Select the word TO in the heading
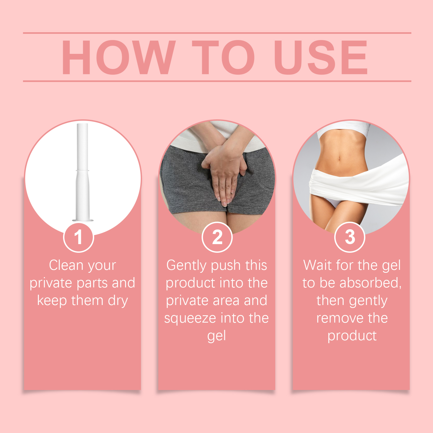tap(223, 57)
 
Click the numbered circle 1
tap(78, 237)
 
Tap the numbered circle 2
tap(217, 237)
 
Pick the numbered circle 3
tap(350, 237)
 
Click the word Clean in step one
tap(66, 265)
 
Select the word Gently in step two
tap(186, 265)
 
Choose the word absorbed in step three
tap(370, 283)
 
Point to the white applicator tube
tap(83, 162)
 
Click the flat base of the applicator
tap(83, 220)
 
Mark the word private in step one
tap(51, 283)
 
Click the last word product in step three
tap(352, 336)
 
